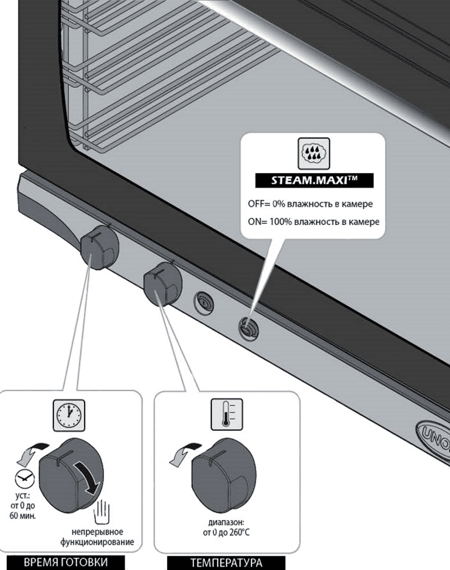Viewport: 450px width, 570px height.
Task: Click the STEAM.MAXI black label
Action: pos(314,181)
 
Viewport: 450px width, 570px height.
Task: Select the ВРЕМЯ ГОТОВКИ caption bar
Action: pos(66,562)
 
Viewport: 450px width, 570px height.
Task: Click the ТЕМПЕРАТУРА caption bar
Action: pos(226,563)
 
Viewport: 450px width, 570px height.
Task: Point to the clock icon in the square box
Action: pos(70,414)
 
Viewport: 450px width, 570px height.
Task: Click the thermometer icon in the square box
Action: pos(226,414)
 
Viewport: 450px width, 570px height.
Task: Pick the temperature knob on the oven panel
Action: pos(161,285)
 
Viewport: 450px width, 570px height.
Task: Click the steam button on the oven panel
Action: pos(248,329)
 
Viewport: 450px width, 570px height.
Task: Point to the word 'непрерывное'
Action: pos(97,531)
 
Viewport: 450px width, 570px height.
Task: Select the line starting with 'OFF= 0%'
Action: pos(310,204)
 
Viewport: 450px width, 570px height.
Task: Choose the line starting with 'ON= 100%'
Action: pos(313,222)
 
